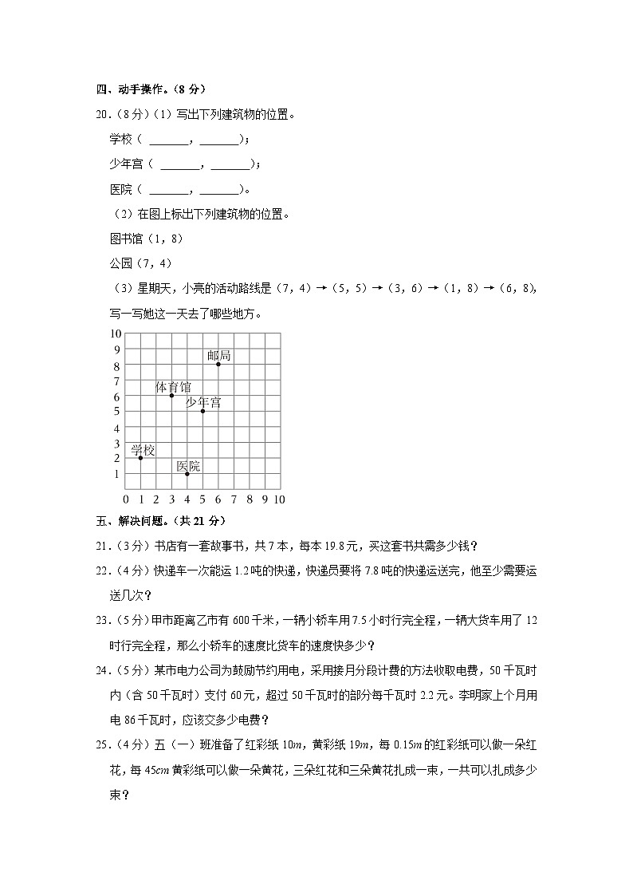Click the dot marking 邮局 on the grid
point(218,364)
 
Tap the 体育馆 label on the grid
point(173,387)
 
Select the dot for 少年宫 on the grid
point(202,411)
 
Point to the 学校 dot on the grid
point(140,458)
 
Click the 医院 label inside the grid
point(189,465)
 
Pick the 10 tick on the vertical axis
point(116,334)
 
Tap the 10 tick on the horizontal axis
point(279,499)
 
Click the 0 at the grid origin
point(125,499)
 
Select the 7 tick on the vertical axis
point(116,381)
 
